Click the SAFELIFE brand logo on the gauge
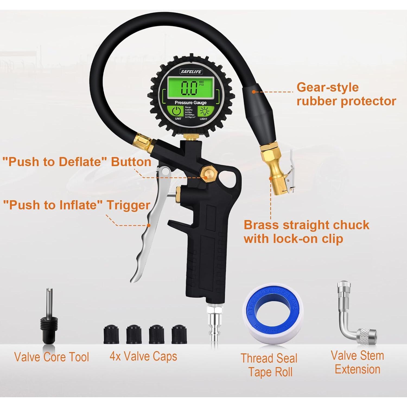pyautogui.click(x=191, y=72)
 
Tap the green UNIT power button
pyautogui.click(x=177, y=111)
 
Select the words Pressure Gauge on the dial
pyautogui.click(x=190, y=103)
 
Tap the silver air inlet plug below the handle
pyautogui.click(x=215, y=323)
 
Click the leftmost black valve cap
pyautogui.click(x=111, y=334)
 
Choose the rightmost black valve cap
pyautogui.click(x=179, y=334)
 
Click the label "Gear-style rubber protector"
pyautogui.click(x=346, y=94)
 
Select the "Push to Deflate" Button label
pyautogui.click(x=77, y=162)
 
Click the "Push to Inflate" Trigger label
pyautogui.click(x=77, y=205)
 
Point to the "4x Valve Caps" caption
pyautogui.click(x=143, y=357)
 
